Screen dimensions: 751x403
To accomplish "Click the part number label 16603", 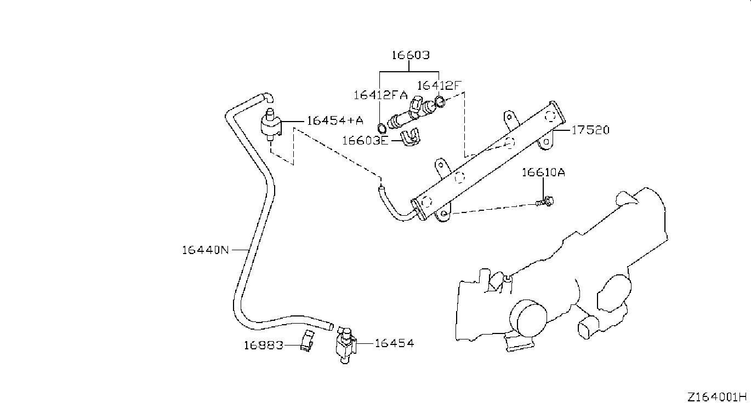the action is pos(411,55).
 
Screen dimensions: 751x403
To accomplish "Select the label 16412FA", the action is pos(380,95).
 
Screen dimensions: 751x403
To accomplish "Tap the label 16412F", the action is pos(439,86).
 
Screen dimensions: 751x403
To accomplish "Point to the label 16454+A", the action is pos(335,120).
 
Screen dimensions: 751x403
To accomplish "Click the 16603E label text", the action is pos(365,140).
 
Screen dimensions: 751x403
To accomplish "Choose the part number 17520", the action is pos(590,130).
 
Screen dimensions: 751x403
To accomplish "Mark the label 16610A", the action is pos(543,172).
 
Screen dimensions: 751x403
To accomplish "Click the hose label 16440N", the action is pos(205,250).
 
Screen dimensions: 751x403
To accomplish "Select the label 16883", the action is pos(264,345).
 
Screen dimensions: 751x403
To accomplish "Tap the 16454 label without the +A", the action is pos(394,343).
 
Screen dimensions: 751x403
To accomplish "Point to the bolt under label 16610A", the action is pos(544,201).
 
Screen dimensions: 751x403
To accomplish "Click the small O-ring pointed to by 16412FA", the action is pos(382,128).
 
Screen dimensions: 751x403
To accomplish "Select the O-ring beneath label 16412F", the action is pos(440,101).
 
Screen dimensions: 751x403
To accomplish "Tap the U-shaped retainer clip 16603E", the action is pos(410,137).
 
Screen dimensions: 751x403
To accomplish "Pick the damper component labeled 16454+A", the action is pos(271,125).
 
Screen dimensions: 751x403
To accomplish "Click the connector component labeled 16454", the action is pos(346,346).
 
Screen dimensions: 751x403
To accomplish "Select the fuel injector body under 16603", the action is pos(411,113).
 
